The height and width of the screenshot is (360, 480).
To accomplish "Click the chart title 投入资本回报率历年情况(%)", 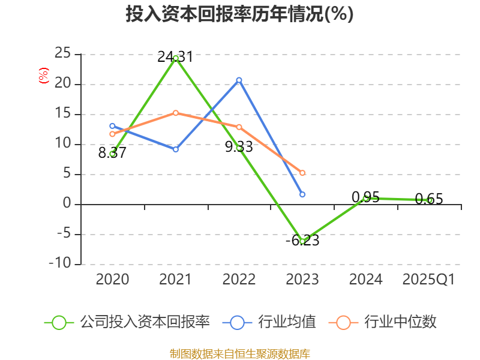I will pos(239,14).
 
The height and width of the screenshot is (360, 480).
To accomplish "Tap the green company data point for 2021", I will pos(176,58).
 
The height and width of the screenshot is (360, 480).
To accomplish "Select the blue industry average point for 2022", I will pos(239,80).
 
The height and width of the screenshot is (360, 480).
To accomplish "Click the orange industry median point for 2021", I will pos(176,113).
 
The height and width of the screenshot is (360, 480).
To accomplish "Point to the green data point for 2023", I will pos(302,241).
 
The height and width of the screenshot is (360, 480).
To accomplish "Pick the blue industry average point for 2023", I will pos(302,194).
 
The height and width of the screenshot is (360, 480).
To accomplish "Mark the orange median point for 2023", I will pos(302,173).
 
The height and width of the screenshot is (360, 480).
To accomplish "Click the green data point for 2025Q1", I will pos(430,200).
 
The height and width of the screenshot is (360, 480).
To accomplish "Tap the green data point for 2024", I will pos(366,198).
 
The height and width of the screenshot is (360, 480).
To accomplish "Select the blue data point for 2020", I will pos(112,126).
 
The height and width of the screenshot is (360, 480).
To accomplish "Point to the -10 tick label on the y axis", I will pos(59,264).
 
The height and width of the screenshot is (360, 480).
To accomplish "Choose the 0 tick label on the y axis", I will pos(67,204).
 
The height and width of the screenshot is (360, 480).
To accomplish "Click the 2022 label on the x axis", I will pos(239,280).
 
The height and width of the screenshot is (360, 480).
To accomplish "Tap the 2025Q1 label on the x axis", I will pos(428,280).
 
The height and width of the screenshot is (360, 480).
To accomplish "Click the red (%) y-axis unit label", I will pos(43,76).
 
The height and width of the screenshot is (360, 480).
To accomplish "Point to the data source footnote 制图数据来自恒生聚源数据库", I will pos(239,353).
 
